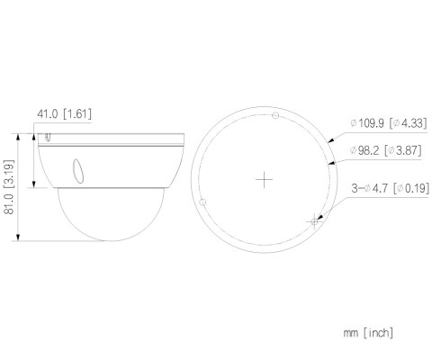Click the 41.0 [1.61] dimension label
click(64, 114)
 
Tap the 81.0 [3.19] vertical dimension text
click(9, 187)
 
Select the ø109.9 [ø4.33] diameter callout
click(388, 123)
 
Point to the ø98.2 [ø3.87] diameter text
click(385, 150)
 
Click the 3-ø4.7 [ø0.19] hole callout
click(391, 188)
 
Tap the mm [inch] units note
click(368, 333)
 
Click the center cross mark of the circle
click(264, 180)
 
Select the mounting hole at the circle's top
click(275, 115)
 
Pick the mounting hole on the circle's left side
click(202, 202)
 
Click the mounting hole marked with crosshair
click(314, 221)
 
